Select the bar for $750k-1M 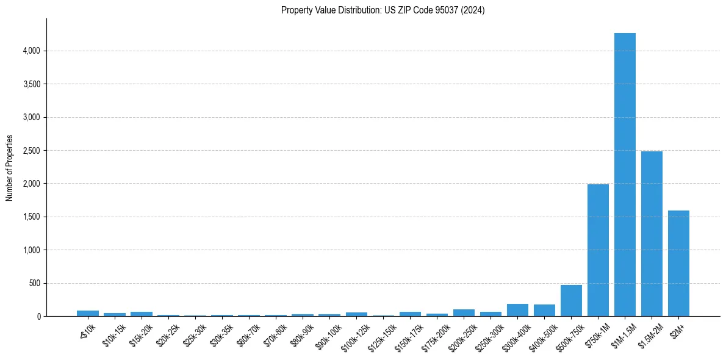598,250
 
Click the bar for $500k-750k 571,301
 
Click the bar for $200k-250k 464,313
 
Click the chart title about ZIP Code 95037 383,10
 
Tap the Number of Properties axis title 9,168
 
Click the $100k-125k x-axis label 354,333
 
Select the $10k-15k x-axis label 114,332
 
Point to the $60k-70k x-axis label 248,332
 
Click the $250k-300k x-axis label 489,333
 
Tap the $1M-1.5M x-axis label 623,333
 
